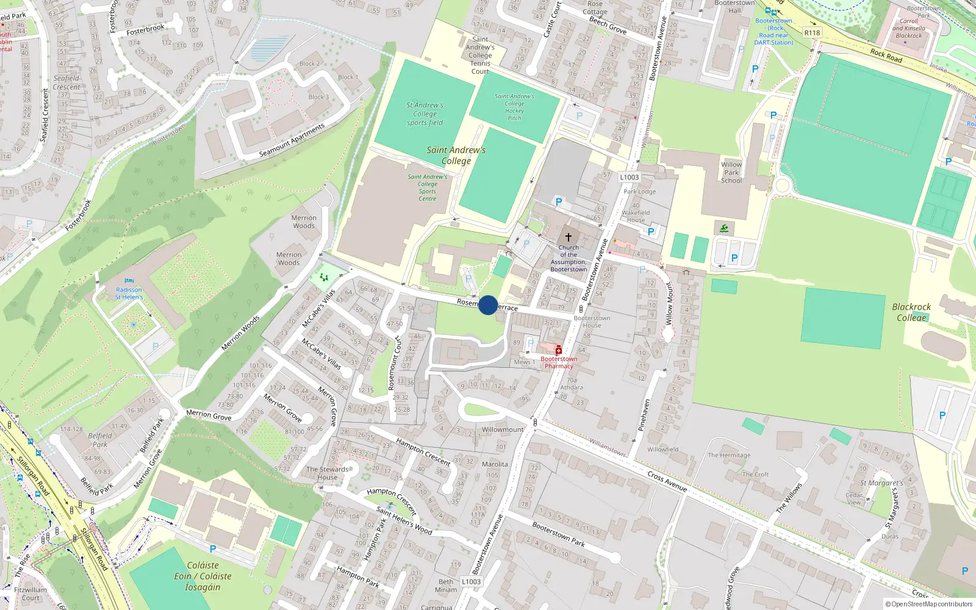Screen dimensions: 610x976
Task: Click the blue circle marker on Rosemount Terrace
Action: (x=488, y=305)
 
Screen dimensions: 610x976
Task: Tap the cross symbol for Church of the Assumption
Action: (x=569, y=237)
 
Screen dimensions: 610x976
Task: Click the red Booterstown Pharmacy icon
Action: (x=558, y=350)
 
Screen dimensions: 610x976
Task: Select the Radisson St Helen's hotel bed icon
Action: (x=129, y=282)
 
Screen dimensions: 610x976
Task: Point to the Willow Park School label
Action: (x=731, y=172)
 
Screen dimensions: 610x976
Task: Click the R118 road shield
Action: (x=812, y=33)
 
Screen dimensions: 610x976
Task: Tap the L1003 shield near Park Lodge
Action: (x=630, y=178)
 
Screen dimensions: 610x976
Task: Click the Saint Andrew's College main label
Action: (x=456, y=156)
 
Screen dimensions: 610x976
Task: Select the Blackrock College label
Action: (x=911, y=312)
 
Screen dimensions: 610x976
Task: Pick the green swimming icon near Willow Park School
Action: (x=723, y=229)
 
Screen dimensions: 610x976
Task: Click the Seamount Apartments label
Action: (x=292, y=140)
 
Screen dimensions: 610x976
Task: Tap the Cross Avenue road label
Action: (x=667, y=481)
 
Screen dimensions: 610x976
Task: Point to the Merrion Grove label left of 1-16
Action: (x=209, y=415)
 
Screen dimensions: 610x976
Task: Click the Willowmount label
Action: (x=503, y=429)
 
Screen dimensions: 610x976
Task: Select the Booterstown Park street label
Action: (x=558, y=534)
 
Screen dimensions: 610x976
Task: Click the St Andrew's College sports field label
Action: (x=425, y=113)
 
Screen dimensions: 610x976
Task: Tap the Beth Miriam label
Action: (x=446, y=586)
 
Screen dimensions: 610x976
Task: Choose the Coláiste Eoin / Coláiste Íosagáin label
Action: (x=203, y=576)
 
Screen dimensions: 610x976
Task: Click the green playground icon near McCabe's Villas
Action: (x=324, y=278)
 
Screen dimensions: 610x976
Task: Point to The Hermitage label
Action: (x=729, y=455)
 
